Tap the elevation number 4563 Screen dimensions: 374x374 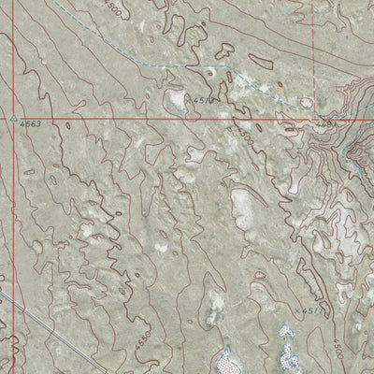(30, 123)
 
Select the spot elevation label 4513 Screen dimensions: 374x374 (203, 97)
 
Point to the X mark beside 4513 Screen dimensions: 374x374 (188, 97)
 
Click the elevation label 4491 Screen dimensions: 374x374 (324, 122)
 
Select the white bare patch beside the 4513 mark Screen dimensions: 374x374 (175, 97)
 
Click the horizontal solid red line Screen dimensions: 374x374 (140, 120)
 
